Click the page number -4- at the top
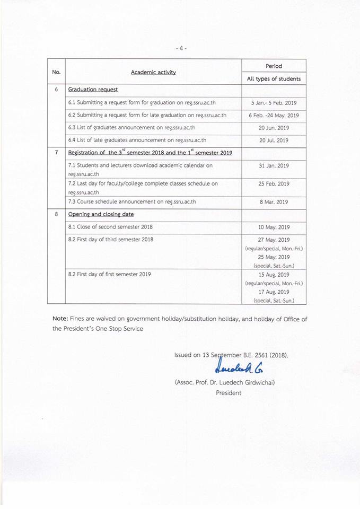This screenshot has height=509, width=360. (181, 48)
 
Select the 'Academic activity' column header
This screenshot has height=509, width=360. (153, 72)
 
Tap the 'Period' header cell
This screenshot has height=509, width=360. (274, 66)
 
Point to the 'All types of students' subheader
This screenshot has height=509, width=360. (274, 79)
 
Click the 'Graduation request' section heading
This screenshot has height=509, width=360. (93, 90)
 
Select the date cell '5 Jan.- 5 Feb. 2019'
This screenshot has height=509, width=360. (274, 102)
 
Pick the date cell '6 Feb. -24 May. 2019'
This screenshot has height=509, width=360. (274, 115)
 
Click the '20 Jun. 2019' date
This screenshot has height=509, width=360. (274, 128)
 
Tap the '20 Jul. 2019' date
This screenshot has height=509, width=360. (274, 141)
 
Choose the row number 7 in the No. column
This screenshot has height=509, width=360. (56, 153)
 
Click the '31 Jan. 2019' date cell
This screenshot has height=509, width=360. (274, 166)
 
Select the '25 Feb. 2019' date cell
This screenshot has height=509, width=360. (274, 184)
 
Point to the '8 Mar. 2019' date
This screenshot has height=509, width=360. (274, 202)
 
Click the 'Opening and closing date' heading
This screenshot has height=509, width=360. (101, 214)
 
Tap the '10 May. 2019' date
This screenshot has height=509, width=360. (274, 227)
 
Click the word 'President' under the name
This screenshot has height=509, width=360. (229, 393)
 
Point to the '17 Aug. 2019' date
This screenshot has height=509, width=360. (274, 292)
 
